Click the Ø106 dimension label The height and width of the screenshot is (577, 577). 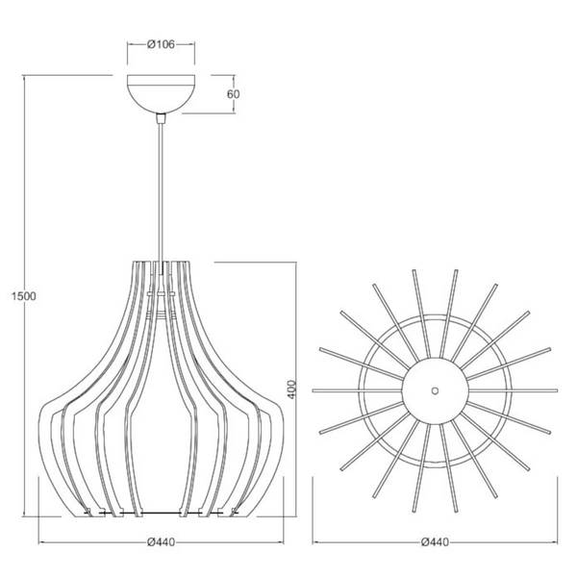tap(162, 43)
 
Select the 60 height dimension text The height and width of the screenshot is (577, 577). tap(233, 94)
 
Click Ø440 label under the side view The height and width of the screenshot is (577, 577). tap(162, 542)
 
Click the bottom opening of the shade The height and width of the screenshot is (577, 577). tap(162, 513)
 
